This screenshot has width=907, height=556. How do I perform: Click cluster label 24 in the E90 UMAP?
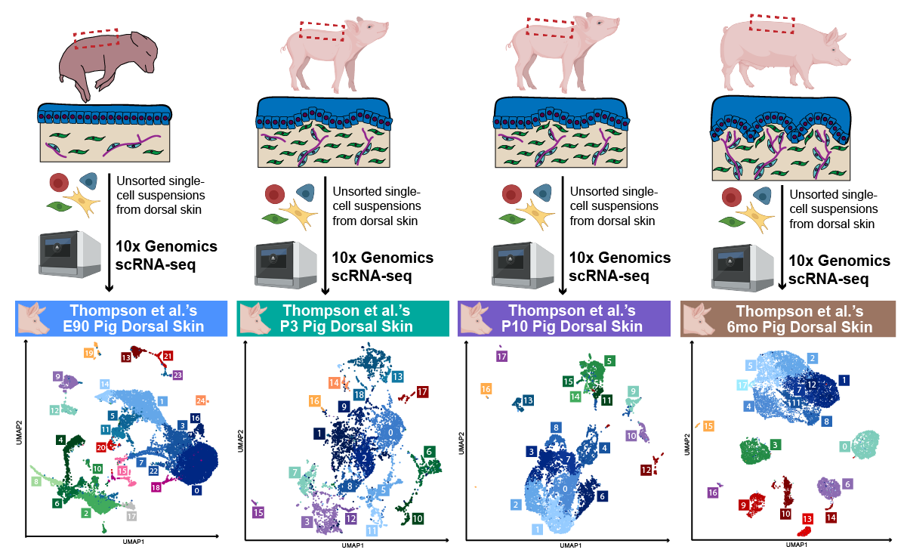click(x=201, y=400)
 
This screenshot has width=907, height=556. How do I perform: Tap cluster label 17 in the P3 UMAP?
click(x=423, y=392)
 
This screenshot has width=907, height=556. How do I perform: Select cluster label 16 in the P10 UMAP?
click(x=486, y=389)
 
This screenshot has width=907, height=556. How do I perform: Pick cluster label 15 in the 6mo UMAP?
click(x=708, y=427)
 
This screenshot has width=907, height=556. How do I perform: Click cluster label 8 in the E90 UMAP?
click(x=35, y=481)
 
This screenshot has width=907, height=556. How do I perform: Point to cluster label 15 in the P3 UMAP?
click(x=258, y=513)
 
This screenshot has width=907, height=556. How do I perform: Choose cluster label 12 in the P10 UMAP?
click(x=646, y=470)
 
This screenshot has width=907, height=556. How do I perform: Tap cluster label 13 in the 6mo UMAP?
click(x=807, y=519)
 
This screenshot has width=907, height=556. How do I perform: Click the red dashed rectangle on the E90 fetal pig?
click(x=96, y=39)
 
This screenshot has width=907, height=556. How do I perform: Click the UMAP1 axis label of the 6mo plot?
click(x=791, y=544)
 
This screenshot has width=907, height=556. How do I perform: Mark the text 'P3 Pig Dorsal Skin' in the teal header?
click(x=347, y=326)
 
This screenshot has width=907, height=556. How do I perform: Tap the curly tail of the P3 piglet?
click(x=285, y=48)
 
